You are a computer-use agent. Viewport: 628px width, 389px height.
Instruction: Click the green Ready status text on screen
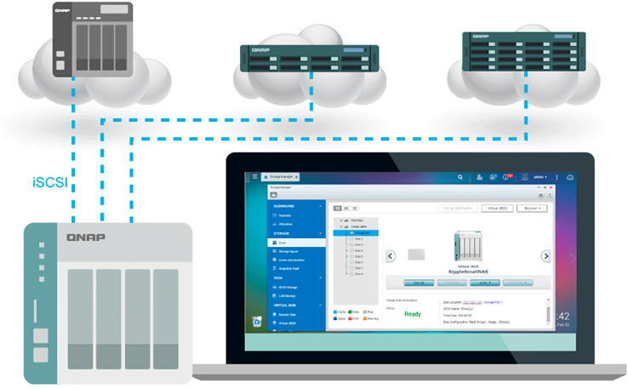pos(413,313)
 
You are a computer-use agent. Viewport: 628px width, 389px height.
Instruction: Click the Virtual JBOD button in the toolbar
pos(497,208)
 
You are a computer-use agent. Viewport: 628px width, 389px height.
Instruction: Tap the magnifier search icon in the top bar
pos(460,177)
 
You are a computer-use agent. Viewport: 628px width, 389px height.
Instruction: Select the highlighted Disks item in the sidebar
pos(297,243)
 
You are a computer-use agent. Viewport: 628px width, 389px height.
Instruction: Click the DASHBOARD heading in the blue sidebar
pos(286,206)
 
